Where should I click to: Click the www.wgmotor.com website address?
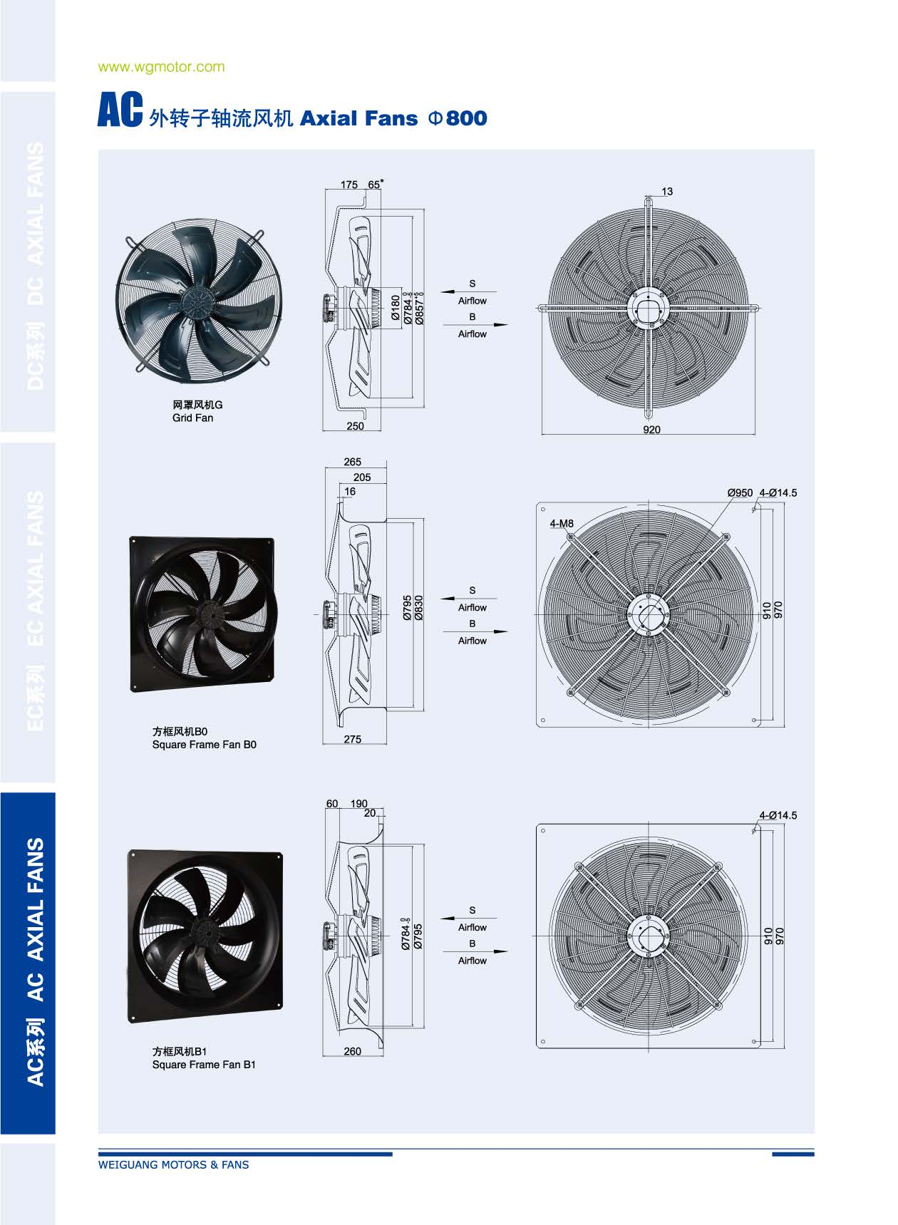[x=161, y=67]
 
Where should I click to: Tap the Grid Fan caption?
[x=192, y=418]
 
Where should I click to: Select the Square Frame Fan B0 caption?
[x=204, y=745]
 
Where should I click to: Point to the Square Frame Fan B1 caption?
[x=204, y=1065]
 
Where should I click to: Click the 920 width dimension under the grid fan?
[x=651, y=430]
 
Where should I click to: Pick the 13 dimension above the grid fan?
[x=667, y=192]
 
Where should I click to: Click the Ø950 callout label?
[x=740, y=492]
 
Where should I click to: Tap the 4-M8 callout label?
[x=562, y=524]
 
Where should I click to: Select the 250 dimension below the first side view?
[x=355, y=426]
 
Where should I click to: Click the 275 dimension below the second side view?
[x=353, y=739]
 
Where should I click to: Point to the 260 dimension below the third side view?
[x=353, y=1051]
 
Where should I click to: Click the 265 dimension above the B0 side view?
[x=353, y=462]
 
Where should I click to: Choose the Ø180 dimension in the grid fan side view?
[x=396, y=307]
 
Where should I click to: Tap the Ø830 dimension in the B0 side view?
[x=419, y=608]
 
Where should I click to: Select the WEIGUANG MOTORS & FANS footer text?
[x=173, y=1164]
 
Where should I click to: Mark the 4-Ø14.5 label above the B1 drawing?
[x=778, y=815]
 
